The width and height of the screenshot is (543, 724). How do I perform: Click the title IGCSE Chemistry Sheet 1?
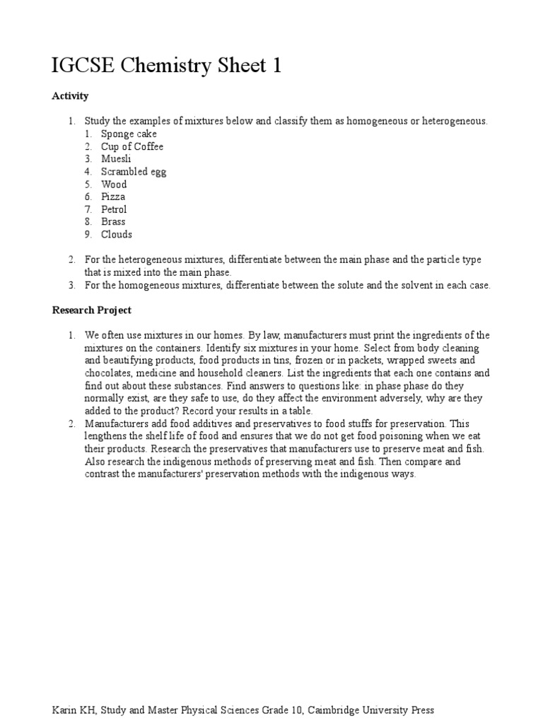167,66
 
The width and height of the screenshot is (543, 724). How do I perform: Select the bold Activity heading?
70,95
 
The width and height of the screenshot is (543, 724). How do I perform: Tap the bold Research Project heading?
92,310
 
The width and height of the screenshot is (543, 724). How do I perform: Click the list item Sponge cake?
129,134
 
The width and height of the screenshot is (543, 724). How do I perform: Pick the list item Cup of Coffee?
132,146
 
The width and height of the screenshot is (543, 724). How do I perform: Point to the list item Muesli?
116,159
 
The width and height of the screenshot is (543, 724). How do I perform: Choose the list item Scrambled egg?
134,172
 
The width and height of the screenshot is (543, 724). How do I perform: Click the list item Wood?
114,185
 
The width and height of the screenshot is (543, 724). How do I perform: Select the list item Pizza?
113,197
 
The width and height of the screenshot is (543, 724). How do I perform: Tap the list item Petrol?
114,209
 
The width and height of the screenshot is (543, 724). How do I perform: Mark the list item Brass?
113,221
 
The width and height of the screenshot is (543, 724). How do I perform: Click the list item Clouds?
116,234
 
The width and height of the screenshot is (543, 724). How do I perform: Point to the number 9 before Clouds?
88,234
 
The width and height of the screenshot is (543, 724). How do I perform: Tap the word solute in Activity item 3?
357,285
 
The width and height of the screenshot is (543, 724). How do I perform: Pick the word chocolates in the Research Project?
109,373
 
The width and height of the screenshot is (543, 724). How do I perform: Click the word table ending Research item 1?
300,411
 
